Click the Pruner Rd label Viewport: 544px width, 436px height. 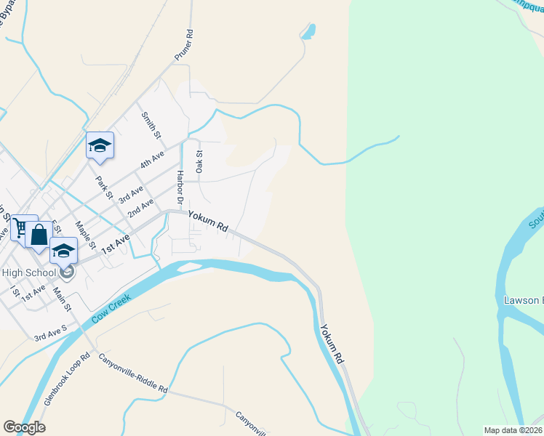pos(184,45)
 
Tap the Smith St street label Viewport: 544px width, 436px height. pos(151,126)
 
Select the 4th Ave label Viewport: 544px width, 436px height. pos(153,159)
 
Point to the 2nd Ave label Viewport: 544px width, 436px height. pos(140,208)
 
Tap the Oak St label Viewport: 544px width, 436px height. pos(199,161)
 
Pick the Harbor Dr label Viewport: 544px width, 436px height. pos(180,187)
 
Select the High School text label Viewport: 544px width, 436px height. pos(28,272)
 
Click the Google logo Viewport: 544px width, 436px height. pos(24,427)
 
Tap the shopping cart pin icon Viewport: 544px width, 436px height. pos(21,229)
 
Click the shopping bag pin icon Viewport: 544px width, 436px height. pos(39,235)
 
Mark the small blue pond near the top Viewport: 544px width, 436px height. pos(309,31)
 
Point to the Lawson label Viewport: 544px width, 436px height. pos(522,300)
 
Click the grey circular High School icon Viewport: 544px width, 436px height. pos(67,273)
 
